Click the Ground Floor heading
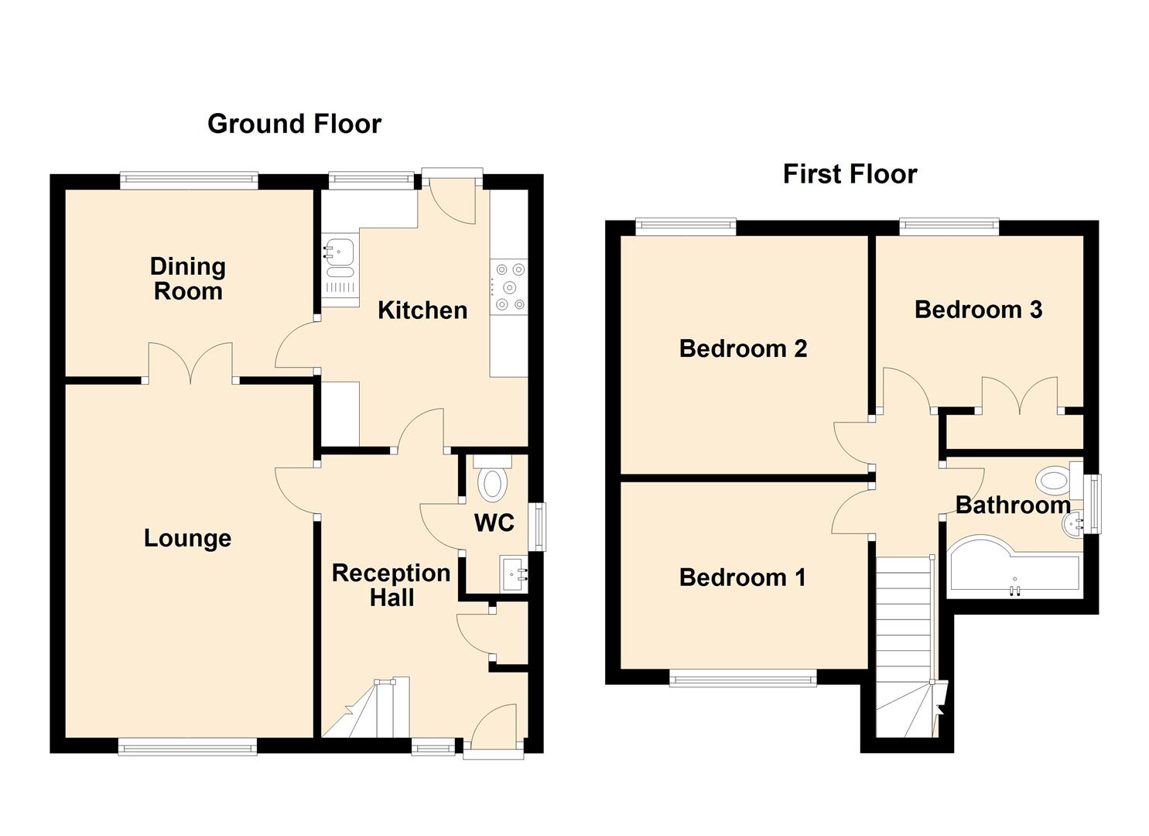click(x=294, y=124)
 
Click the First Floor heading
click(x=850, y=174)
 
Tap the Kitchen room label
click(x=422, y=310)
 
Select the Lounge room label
click(x=187, y=538)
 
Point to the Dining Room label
click(x=188, y=279)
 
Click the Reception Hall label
click(x=392, y=585)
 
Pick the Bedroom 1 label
click(x=742, y=577)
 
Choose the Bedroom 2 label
click(x=743, y=349)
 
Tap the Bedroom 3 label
click(x=978, y=310)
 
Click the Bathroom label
click(x=1013, y=505)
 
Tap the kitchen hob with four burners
click(x=509, y=287)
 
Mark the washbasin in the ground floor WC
click(x=513, y=574)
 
